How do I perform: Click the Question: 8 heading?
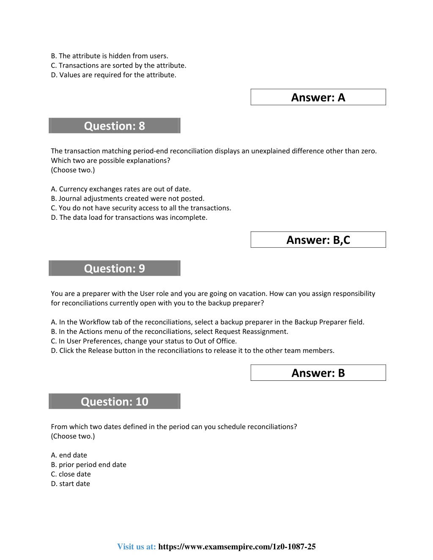coord(115,126)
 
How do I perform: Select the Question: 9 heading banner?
coord(115,268)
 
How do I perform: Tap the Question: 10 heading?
coord(115,402)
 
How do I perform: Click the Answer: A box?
coord(318,97)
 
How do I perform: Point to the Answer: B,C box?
coord(318,240)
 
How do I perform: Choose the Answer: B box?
coord(318,373)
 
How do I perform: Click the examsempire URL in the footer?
coord(237,547)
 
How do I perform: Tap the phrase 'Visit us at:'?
coord(137,547)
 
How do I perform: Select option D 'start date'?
coord(71,484)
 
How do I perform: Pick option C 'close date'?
coord(71,474)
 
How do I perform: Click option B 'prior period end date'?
coord(89,465)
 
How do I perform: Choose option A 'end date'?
coord(69,455)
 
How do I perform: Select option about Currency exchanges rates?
coord(121,189)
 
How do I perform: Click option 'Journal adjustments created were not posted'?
coord(128,199)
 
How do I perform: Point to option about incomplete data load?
coord(129,218)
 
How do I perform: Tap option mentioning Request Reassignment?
coord(170,332)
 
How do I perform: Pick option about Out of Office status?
coord(144,341)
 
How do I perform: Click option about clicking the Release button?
coord(192,351)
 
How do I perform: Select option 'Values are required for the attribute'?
coord(114,75)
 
